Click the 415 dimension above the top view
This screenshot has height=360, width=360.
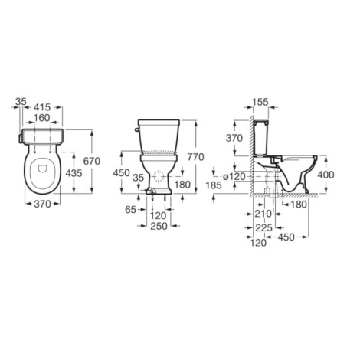pyautogui.click(x=42, y=107)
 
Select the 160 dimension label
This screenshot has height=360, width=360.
pyautogui.click(x=41, y=118)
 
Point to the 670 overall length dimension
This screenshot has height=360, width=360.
pyautogui.click(x=92, y=161)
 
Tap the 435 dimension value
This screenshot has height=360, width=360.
pyautogui.click(x=74, y=173)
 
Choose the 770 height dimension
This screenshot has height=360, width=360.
pyautogui.click(x=196, y=157)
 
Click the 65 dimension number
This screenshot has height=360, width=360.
pyautogui.click(x=130, y=210)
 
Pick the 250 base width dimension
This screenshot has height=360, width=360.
pyautogui.click(x=159, y=226)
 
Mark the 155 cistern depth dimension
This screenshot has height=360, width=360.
pyautogui.click(x=260, y=102)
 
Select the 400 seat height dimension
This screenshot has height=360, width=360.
pyautogui.click(x=326, y=175)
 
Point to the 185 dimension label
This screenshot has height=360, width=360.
pyautogui.click(x=214, y=185)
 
